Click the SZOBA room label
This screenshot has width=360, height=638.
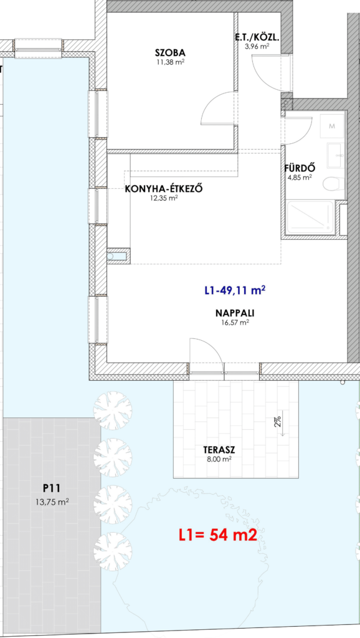point(170,53)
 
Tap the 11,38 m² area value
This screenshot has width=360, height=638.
point(171,62)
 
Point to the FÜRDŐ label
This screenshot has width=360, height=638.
point(300,168)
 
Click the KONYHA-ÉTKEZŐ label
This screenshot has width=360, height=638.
point(164,189)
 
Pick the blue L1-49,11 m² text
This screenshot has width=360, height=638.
point(235,290)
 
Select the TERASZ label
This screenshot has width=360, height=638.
point(219,450)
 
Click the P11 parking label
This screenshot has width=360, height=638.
point(51,488)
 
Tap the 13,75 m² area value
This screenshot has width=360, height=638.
point(52,502)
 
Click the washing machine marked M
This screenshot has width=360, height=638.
point(332,126)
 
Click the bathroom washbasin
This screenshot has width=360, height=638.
point(336,155)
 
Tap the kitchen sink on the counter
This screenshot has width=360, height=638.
point(116,256)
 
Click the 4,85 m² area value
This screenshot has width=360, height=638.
point(300,178)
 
